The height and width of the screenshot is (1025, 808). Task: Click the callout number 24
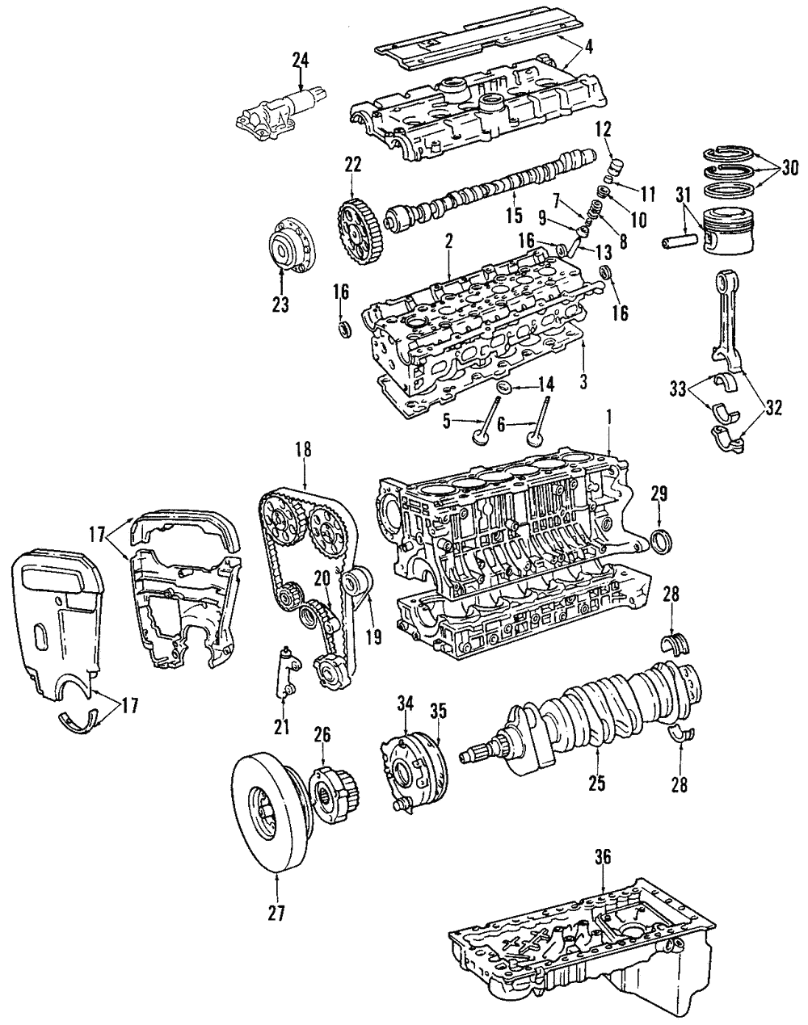click(301, 59)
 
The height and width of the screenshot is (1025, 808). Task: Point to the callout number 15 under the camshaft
click(514, 216)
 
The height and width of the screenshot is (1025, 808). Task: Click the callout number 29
click(659, 492)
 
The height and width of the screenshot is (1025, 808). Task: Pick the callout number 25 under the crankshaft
click(595, 782)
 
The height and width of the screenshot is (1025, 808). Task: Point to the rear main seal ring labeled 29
click(660, 540)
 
